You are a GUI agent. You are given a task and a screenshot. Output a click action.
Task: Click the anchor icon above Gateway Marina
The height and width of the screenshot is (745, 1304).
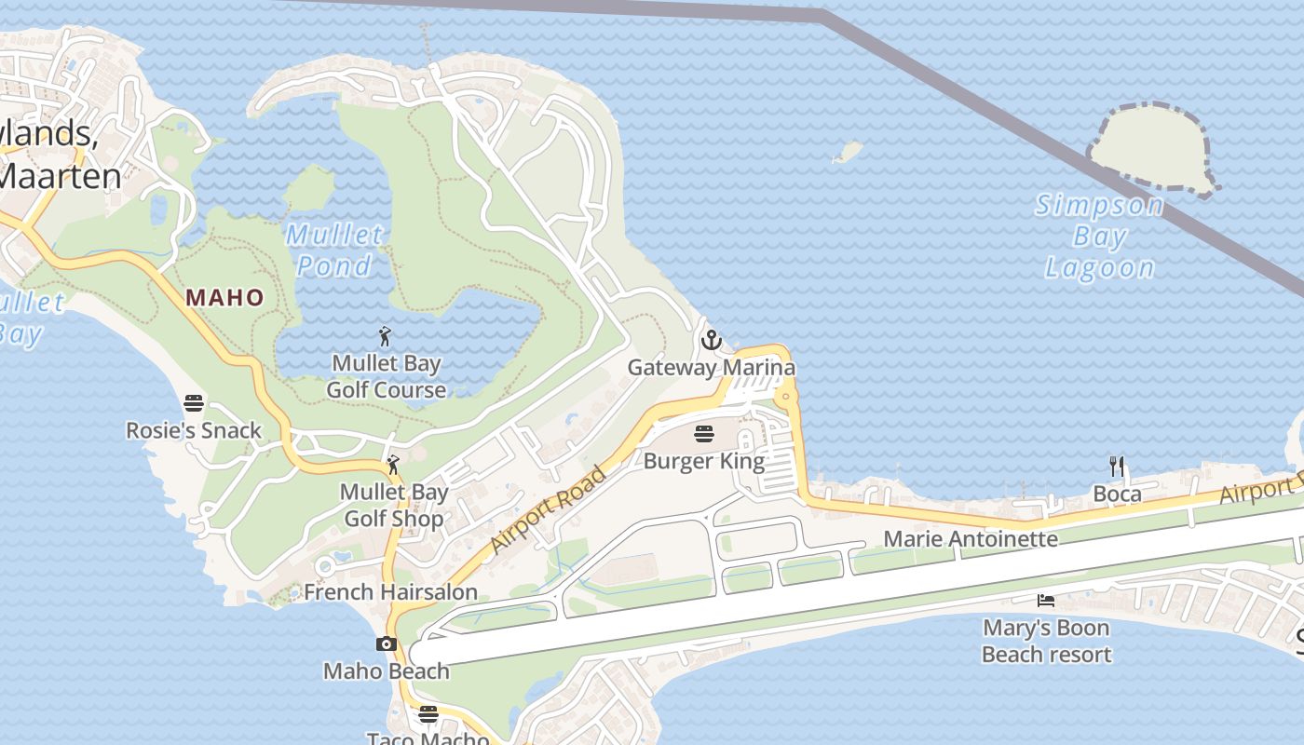click(712, 340)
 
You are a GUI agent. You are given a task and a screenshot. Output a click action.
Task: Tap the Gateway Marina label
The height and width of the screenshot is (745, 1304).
click(712, 367)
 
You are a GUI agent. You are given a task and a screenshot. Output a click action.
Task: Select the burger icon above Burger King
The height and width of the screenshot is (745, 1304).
click(704, 434)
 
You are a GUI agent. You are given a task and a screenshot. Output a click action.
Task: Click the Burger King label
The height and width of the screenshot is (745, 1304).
click(704, 461)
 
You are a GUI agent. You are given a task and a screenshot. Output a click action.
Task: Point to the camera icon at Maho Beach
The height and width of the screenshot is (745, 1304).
click(387, 643)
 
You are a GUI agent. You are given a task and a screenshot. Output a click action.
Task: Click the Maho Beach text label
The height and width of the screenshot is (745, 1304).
click(387, 670)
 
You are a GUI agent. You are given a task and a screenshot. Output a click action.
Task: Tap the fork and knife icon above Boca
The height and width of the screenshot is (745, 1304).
click(1117, 467)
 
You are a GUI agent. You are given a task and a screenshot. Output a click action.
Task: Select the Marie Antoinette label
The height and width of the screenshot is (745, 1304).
click(971, 539)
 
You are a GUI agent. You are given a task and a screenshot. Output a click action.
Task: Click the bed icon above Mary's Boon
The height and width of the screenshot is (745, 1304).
click(1046, 601)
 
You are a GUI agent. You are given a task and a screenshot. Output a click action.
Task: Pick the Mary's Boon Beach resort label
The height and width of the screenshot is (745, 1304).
click(1046, 642)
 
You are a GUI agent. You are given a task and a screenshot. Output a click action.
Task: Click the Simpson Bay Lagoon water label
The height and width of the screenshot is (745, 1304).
click(1099, 237)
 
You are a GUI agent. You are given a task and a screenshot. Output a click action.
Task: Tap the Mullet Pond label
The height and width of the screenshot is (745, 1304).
click(333, 251)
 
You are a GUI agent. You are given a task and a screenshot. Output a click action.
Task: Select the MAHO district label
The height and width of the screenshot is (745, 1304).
click(224, 298)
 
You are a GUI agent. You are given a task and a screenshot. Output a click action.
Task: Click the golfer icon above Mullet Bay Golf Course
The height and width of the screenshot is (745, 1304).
click(386, 336)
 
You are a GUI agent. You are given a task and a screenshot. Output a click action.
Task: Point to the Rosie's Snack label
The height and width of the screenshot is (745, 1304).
click(194, 431)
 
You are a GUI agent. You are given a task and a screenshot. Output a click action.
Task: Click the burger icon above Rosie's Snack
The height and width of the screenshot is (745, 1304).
click(194, 403)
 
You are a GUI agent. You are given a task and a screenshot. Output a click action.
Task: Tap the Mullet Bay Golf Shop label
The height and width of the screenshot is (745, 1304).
click(394, 506)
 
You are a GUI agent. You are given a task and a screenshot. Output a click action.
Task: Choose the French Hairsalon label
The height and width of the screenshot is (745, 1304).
click(390, 591)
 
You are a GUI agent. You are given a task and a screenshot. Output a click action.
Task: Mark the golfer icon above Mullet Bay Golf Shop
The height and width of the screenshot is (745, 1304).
click(394, 464)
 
